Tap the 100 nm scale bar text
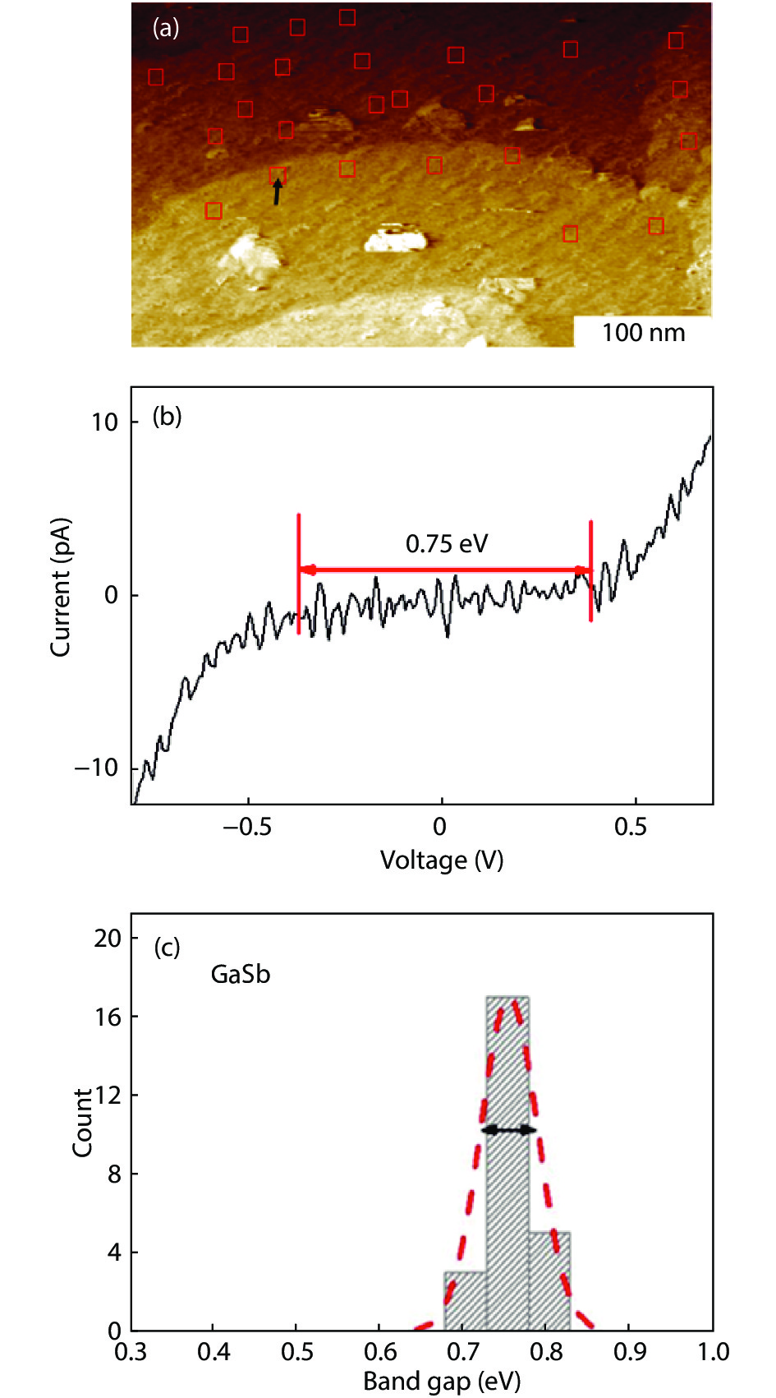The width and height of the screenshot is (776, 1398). pyautogui.click(x=643, y=333)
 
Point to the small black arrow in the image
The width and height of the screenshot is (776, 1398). pyautogui.click(x=278, y=192)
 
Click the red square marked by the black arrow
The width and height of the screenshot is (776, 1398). pyautogui.click(x=278, y=175)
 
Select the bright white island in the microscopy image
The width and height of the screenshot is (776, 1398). pyautogui.click(x=396, y=238)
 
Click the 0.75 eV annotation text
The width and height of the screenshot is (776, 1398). pyautogui.click(x=446, y=543)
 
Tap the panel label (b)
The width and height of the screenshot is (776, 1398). pyautogui.click(x=167, y=417)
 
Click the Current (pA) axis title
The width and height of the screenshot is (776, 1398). pyautogui.click(x=60, y=588)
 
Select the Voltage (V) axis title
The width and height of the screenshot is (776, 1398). pyautogui.click(x=441, y=860)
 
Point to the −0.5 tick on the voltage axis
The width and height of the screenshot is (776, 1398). pyautogui.click(x=247, y=826)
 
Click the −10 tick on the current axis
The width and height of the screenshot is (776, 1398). pyautogui.click(x=96, y=768)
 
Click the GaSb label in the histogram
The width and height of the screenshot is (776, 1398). pyautogui.click(x=241, y=975)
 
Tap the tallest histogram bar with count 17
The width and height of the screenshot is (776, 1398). pyautogui.click(x=507, y=1167)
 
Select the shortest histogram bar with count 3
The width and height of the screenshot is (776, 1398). pyautogui.click(x=466, y=1302)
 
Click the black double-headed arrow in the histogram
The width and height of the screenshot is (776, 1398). pyautogui.click(x=508, y=1130)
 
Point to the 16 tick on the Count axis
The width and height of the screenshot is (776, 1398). pyautogui.click(x=108, y=1017)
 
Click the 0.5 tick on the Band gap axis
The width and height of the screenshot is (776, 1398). pyautogui.click(x=297, y=1352)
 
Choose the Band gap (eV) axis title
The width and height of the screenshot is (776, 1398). pyautogui.click(x=442, y=1382)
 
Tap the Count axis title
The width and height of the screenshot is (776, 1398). pyautogui.click(x=83, y=1123)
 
